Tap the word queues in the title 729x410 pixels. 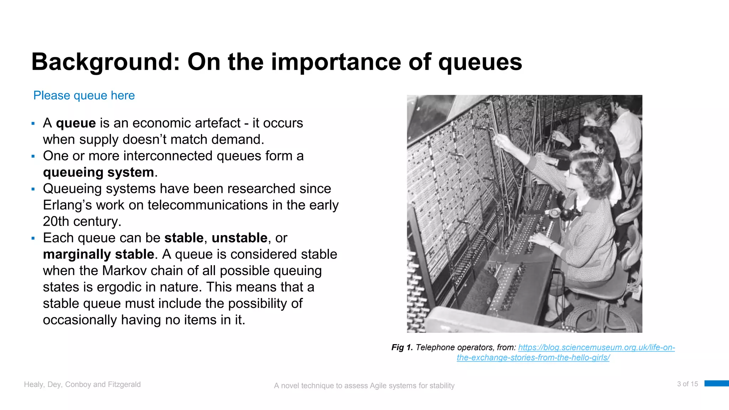[480, 62]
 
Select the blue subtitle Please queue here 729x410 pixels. [84, 95]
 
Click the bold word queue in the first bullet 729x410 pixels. [76, 123]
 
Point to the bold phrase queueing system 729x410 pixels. [99, 172]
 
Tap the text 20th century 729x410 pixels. [82, 221]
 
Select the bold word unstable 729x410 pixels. [240, 238]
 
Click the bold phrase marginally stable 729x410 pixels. [99, 254]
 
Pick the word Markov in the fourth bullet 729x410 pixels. [124, 270]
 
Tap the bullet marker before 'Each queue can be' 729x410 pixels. [33, 238]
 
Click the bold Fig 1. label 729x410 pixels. [402, 347]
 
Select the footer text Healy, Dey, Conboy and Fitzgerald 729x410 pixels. [82, 384]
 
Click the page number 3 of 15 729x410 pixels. [687, 384]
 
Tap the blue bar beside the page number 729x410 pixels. [716, 383]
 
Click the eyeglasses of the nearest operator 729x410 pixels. [572, 173]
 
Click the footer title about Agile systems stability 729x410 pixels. [364, 385]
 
